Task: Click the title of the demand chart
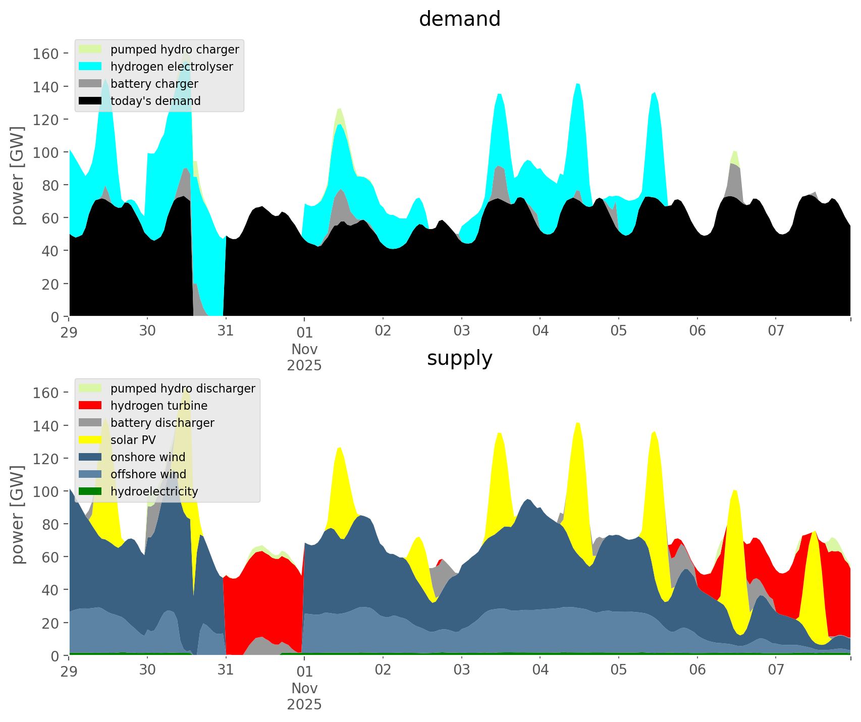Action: [x=459, y=19]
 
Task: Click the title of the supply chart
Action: [x=459, y=358]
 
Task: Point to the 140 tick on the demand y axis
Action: [x=45, y=87]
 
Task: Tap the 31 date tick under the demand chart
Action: [x=226, y=331]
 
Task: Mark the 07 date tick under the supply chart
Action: [x=776, y=671]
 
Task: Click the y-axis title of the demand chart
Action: [x=17, y=176]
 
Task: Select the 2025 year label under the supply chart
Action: [x=304, y=704]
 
